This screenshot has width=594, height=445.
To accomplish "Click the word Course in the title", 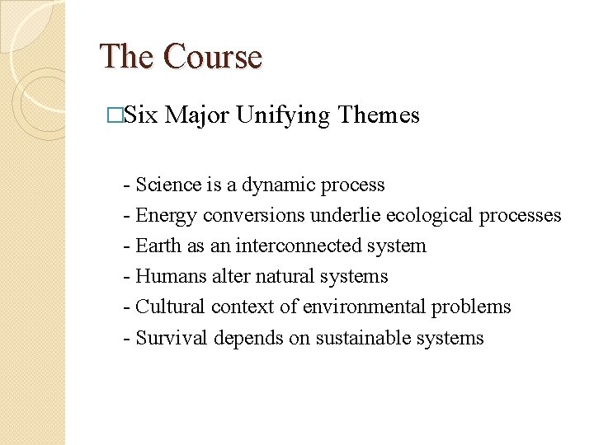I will point(213,57).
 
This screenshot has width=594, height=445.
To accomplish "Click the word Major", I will point(197,116).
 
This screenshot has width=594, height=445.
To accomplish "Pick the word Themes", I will point(379,116).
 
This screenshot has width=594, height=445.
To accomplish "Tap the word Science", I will point(168,185).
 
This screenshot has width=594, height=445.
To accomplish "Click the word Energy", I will point(166,215).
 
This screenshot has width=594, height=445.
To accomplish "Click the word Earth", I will point(159,246).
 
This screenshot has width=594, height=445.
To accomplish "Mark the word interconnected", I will point(303,246).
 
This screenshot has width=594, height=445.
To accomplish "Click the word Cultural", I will point(170,307).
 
